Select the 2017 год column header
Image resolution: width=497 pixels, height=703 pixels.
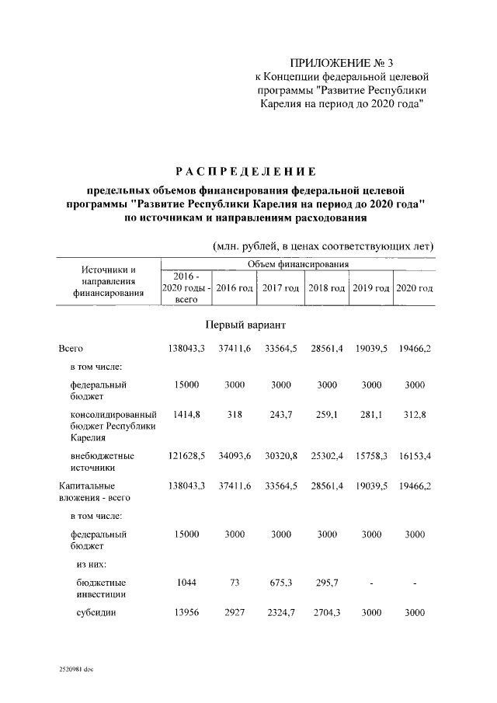pos(280,288)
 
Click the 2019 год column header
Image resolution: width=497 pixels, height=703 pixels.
pos(371,288)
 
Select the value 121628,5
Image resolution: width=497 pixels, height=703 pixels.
pos(186,455)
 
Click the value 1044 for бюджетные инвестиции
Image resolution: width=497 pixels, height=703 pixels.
pos(186,582)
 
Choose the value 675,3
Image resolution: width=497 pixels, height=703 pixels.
pos(280,582)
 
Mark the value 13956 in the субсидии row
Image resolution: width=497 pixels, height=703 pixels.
pos(186,612)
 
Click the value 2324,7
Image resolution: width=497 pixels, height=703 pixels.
pos(280,612)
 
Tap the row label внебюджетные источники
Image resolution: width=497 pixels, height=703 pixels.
pos(102,461)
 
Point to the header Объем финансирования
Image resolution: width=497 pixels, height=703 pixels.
pos(297,265)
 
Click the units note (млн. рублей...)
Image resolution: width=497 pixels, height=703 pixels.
pos(323,246)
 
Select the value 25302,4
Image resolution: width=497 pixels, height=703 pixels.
pos(326,455)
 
